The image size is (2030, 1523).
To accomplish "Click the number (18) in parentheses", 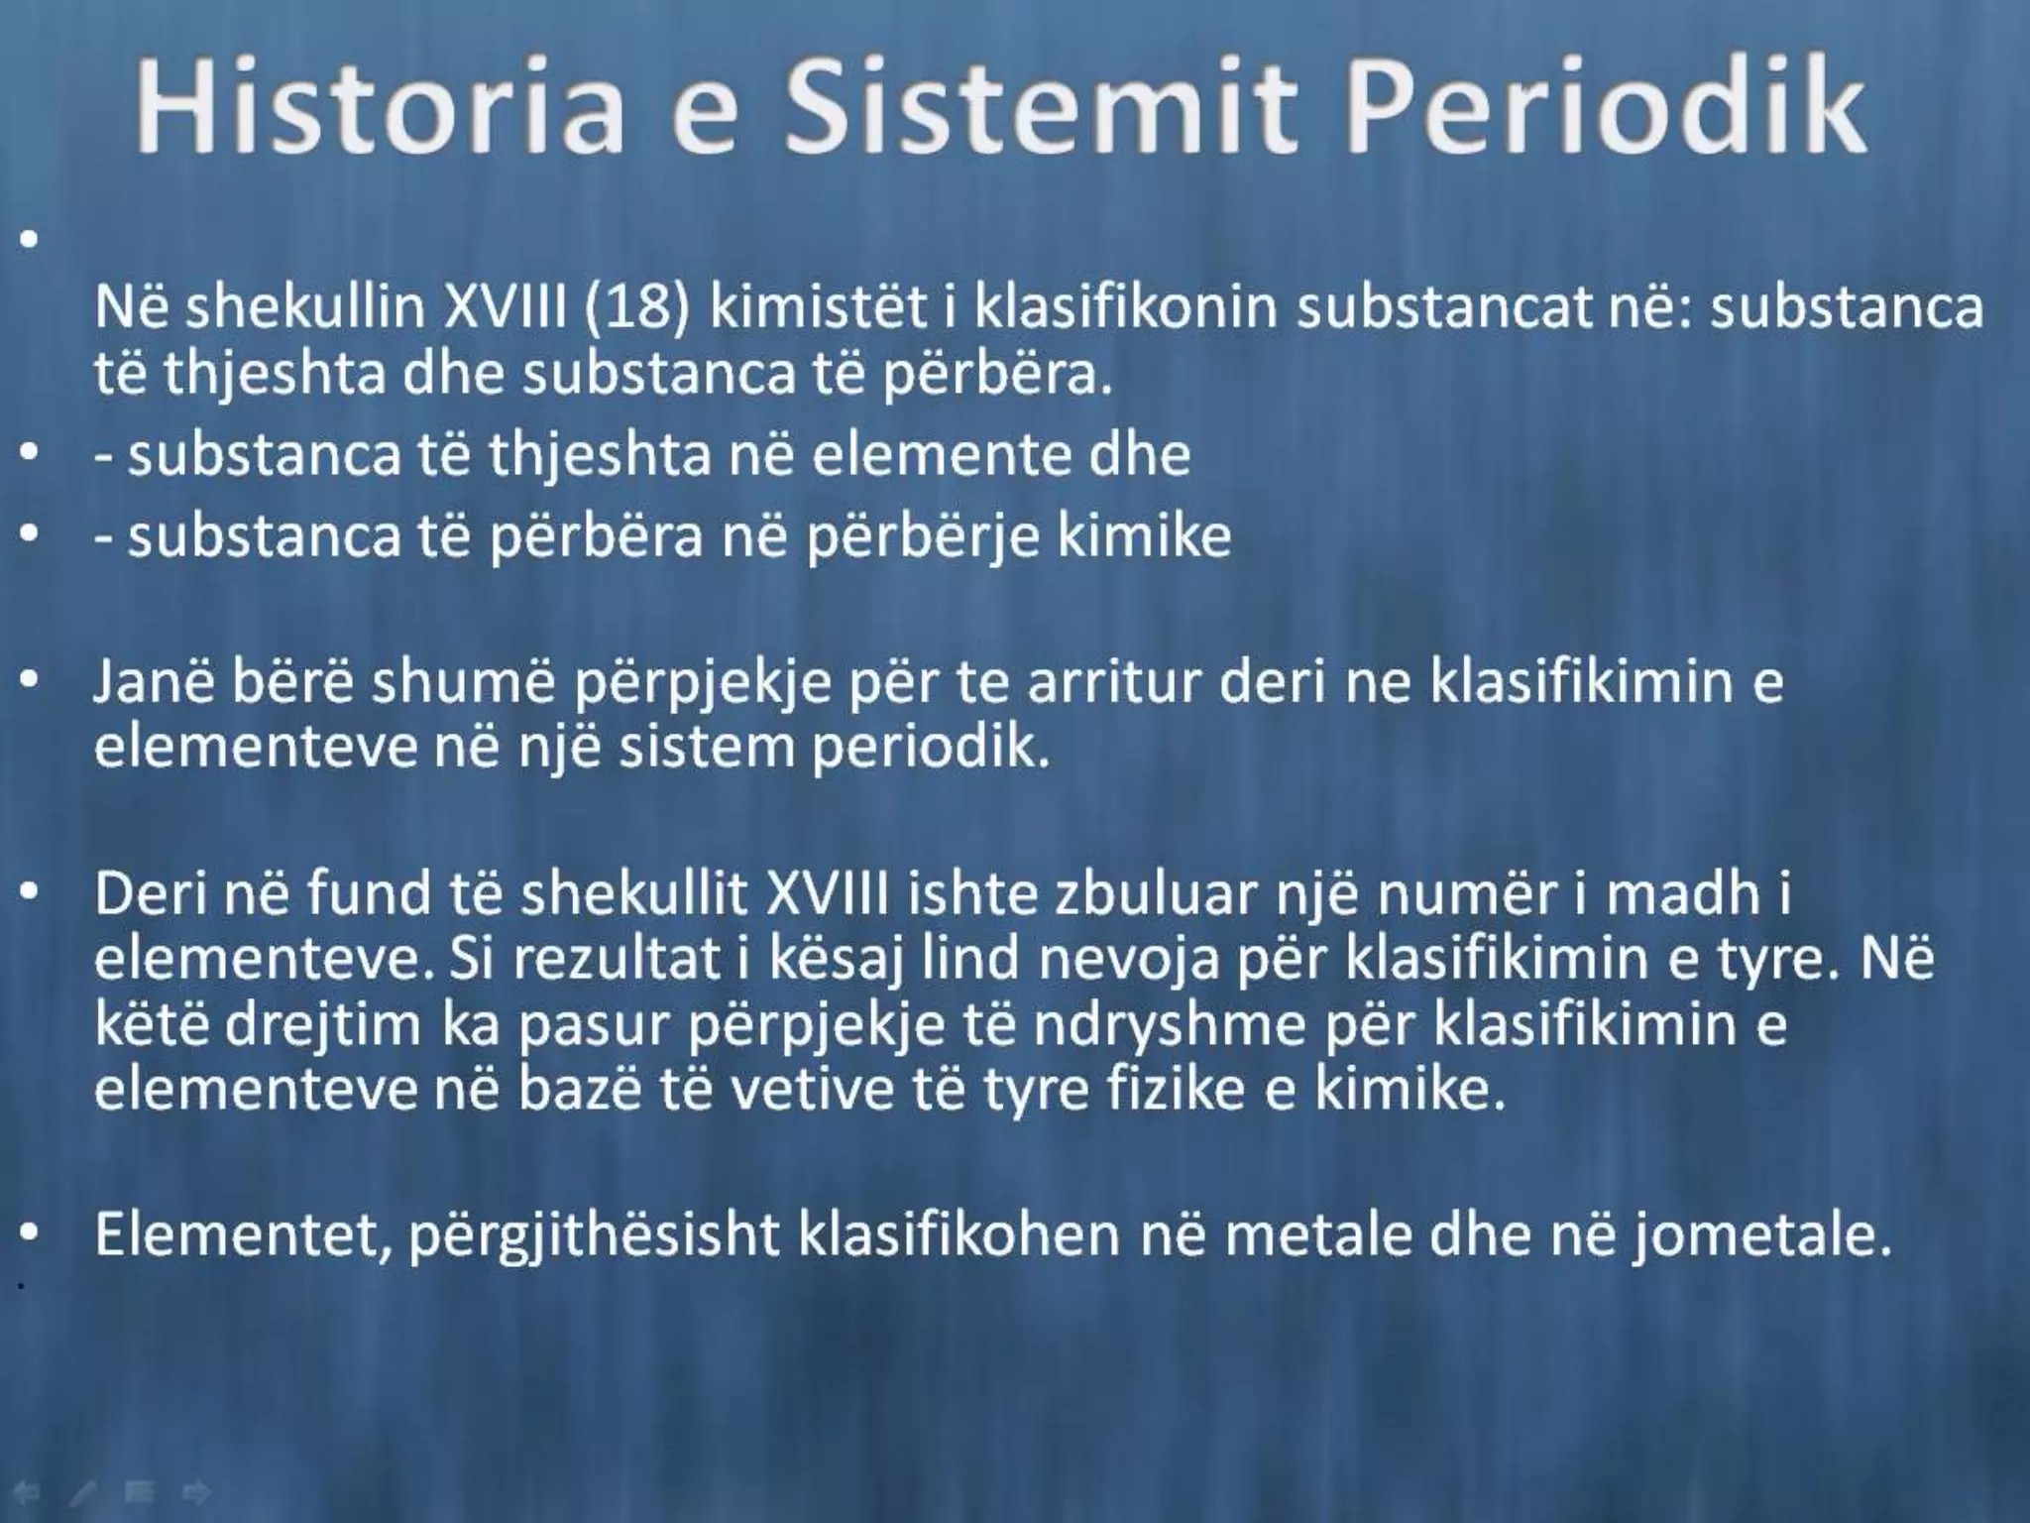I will pos(635,308).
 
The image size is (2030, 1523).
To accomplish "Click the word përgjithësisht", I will pos(595,1235).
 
